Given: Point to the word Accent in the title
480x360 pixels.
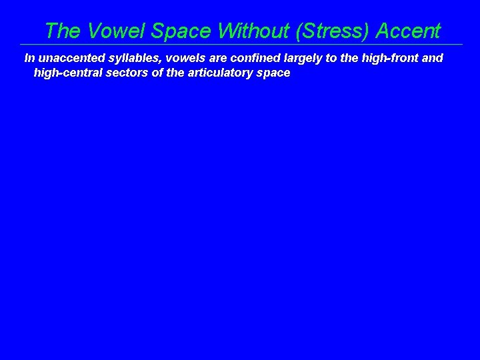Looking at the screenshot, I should coord(408,31).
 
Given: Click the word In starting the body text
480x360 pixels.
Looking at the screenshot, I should coord(29,58).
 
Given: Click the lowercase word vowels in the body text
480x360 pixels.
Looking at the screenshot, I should coord(175,58).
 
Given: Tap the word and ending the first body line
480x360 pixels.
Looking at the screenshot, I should coord(433,58).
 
